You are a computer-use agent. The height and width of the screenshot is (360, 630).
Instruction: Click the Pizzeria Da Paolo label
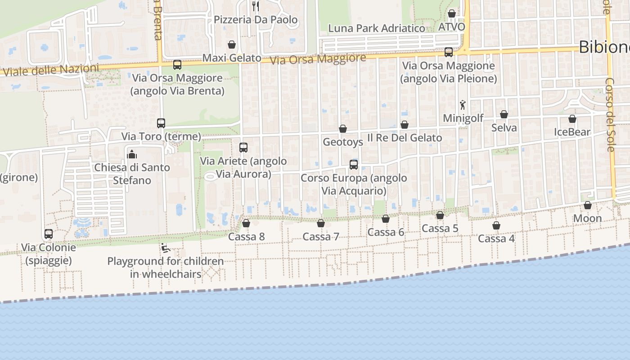point(255,20)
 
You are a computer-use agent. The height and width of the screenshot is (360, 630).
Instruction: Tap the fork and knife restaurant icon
point(256,6)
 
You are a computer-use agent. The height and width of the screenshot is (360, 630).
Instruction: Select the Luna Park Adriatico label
point(376,28)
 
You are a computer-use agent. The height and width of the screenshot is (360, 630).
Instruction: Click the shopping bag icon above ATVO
point(452,13)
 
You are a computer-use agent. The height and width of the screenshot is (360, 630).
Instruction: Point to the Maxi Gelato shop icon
point(232,45)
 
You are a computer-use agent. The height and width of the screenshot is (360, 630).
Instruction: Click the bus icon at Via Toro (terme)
point(161,123)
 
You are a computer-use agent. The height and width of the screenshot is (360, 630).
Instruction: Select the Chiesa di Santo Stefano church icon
point(132,154)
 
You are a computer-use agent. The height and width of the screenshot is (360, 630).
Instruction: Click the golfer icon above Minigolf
point(463,105)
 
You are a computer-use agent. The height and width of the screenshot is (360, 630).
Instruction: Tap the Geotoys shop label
point(343,142)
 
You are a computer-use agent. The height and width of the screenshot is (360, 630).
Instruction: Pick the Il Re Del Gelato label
point(405,138)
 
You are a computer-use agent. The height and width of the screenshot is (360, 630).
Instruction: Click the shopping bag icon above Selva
point(504,114)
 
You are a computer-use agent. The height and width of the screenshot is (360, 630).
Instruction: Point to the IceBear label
point(572,132)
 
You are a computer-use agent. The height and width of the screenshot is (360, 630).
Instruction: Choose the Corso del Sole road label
point(610,115)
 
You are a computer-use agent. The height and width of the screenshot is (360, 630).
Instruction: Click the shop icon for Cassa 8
point(246,223)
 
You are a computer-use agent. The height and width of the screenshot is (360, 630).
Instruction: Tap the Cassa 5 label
point(440,229)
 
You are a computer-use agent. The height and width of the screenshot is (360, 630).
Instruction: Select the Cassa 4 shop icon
point(496,225)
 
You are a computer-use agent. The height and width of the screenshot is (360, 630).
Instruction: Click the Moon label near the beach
point(587,218)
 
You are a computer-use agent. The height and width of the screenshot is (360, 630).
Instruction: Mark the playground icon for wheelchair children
point(165,248)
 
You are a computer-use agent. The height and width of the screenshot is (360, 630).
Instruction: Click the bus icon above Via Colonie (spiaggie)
point(49,234)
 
